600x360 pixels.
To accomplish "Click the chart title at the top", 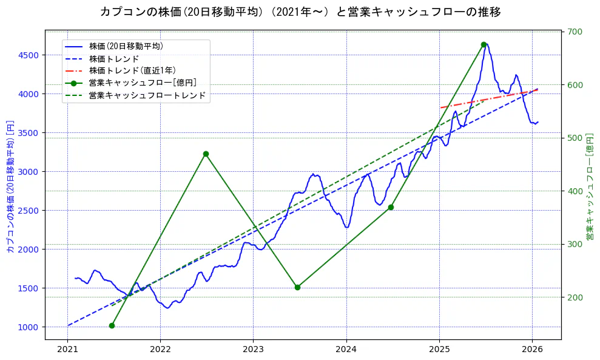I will point(300,12).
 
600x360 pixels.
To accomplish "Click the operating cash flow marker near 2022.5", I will point(206,154).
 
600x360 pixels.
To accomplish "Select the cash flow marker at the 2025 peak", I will point(484,44).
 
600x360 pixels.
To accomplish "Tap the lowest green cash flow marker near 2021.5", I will point(112,325).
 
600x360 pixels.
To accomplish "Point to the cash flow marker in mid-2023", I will point(297,287).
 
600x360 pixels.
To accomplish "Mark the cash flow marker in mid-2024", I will point(391,207).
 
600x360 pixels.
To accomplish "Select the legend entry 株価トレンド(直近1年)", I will point(132,70).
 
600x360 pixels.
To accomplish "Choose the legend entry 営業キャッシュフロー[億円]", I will point(142,83).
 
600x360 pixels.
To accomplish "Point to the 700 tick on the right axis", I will point(575,32).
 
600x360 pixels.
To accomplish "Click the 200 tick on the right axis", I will point(575,297).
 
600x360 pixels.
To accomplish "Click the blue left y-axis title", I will point(10,185).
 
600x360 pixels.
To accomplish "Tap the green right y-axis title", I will point(590,185).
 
